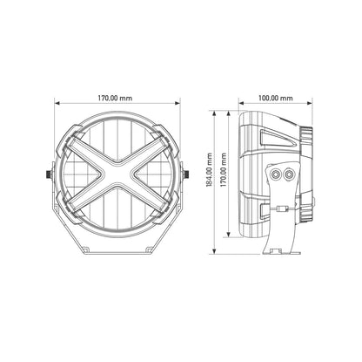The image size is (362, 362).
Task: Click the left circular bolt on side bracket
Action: point(276,175)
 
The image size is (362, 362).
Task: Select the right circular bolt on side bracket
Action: point(288,175)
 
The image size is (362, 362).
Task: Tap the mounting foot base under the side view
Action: point(281,249)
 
